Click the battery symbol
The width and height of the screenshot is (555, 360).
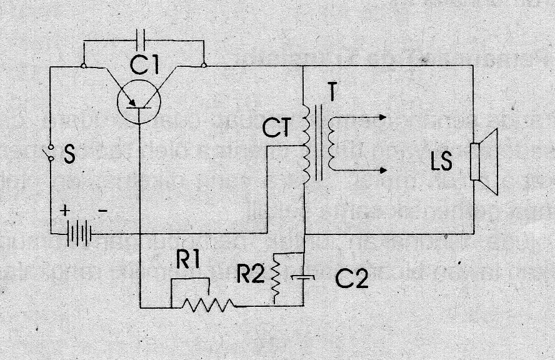(79, 235)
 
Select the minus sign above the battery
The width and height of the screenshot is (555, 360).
(104, 211)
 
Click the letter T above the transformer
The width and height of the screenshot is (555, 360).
(336, 93)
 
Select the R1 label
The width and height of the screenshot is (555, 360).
(188, 263)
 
